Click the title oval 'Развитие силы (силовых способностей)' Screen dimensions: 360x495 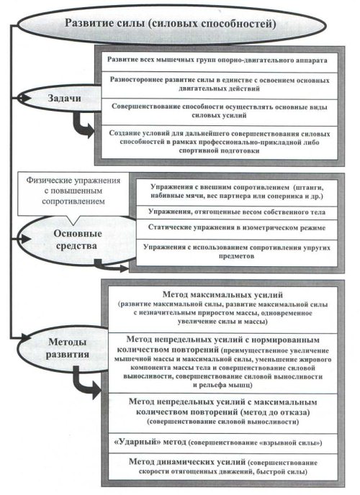pyautogui.click(x=171, y=24)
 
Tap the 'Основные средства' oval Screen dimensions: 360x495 pyautogui.click(x=76, y=240)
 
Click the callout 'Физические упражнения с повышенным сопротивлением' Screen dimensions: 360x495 pyautogui.click(x=73, y=193)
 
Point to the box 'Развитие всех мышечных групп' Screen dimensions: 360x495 pyautogui.click(x=219, y=61)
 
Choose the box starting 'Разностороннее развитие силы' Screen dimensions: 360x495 pyautogui.click(x=219, y=85)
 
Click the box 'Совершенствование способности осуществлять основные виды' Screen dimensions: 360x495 pyautogui.click(x=219, y=112)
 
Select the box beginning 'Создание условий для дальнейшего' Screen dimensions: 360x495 pyautogui.click(x=219, y=142)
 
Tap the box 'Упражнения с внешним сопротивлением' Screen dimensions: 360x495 pyautogui.click(x=237, y=192)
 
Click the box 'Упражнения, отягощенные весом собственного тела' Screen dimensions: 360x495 pyautogui.click(x=237, y=212)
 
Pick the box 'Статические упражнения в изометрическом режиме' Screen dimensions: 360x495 pyautogui.click(x=237, y=229)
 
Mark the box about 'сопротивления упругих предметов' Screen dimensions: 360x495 pyautogui.click(x=237, y=253)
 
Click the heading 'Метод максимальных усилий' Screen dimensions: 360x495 pyautogui.click(x=222, y=295)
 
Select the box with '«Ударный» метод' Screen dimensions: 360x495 pyautogui.click(x=223, y=443)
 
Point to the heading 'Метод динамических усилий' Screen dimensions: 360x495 pyautogui.click(x=187, y=462)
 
